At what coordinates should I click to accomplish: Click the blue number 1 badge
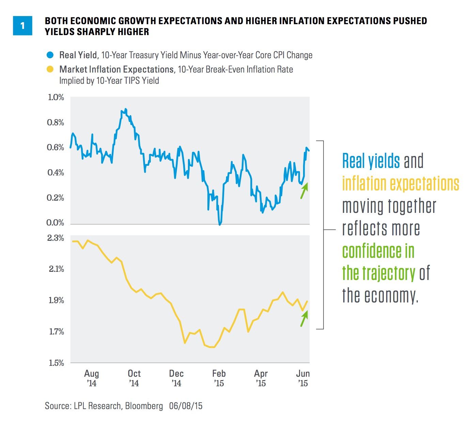tap(22, 26)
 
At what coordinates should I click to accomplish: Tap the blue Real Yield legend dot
tap(50, 55)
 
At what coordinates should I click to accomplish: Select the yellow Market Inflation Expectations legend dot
tap(50, 69)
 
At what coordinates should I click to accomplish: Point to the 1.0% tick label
tap(56, 97)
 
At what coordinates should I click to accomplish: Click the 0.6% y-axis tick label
tap(56, 147)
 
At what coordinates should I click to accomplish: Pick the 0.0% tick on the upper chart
tap(55, 223)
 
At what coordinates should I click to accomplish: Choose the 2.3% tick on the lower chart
tap(56, 238)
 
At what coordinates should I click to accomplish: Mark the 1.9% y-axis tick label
tap(56, 300)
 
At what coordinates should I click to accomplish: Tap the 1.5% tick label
tap(56, 363)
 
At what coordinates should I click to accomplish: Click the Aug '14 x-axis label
tap(92, 378)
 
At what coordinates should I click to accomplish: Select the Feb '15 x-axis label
tap(219, 378)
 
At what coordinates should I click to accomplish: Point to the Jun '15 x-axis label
tap(303, 378)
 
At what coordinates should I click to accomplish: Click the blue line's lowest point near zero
tap(220, 224)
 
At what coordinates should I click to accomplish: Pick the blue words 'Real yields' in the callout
tap(371, 161)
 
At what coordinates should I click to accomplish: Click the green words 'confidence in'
tap(378, 251)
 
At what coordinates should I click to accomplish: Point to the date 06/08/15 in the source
tap(186, 406)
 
